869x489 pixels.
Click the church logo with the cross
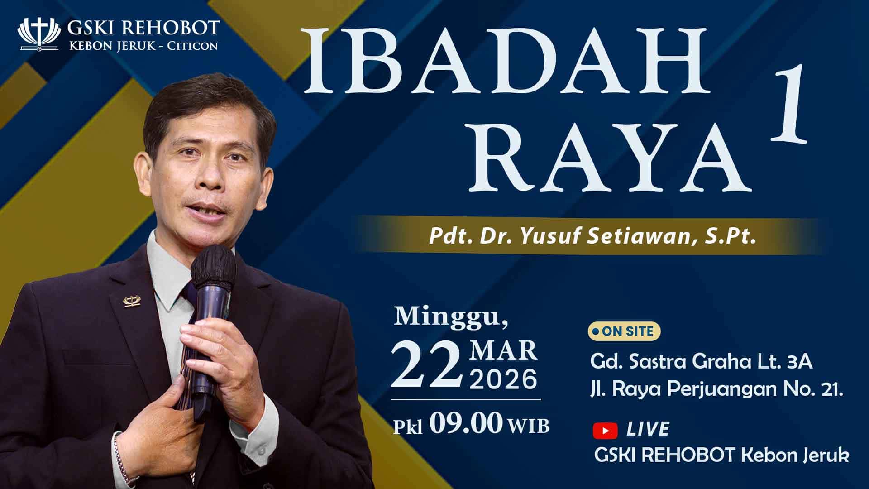(x=38, y=34)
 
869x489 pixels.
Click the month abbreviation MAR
(x=504, y=351)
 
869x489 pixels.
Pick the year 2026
(x=504, y=379)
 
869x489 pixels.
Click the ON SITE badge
(x=624, y=331)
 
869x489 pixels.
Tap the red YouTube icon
(x=605, y=430)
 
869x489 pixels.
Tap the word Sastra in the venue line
(x=654, y=362)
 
